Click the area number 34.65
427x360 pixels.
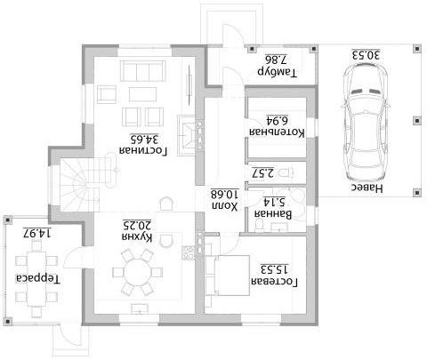(x=144, y=139)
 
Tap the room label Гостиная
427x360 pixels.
(x=143, y=150)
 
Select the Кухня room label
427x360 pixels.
(x=137, y=236)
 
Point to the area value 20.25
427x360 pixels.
(x=137, y=226)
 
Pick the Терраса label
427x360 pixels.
(x=37, y=279)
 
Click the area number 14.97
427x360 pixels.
(x=37, y=233)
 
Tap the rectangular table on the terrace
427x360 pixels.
(x=37, y=279)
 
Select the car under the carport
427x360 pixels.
(x=366, y=122)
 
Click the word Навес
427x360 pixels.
(x=367, y=188)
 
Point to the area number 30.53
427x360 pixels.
(x=366, y=55)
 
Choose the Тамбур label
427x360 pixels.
(x=277, y=72)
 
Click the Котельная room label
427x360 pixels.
(x=277, y=132)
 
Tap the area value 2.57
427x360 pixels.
(x=263, y=172)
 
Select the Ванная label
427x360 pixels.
(x=273, y=214)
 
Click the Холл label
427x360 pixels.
(x=225, y=206)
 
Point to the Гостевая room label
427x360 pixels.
(x=274, y=282)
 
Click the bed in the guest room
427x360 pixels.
(x=228, y=276)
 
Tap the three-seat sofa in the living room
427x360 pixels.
(x=142, y=71)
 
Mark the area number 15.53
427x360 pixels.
(x=274, y=269)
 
